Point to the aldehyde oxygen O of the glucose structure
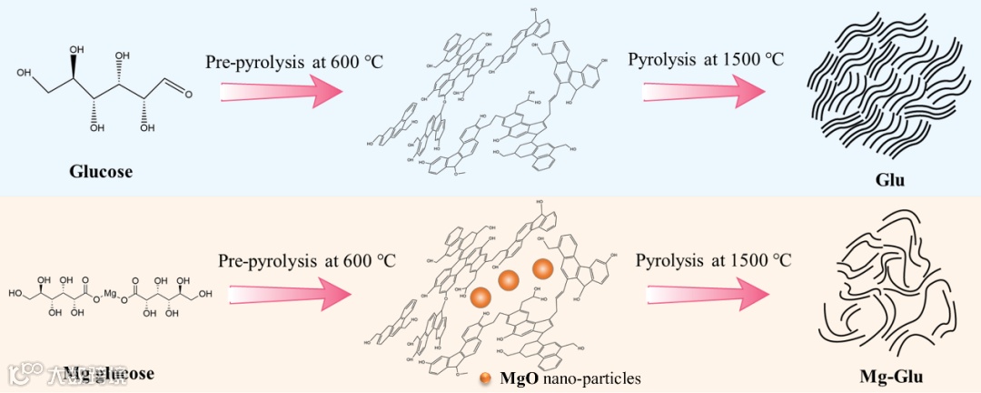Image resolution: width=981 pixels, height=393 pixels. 186,92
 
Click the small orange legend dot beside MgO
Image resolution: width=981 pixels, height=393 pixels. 487,377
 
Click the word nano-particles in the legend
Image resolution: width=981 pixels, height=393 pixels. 590,377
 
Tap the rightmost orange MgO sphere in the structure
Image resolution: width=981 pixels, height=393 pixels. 542,269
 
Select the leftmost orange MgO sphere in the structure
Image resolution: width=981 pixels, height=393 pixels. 481,296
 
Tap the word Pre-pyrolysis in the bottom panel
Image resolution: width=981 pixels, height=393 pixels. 263,260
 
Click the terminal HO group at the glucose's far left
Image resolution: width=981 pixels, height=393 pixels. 24,73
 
